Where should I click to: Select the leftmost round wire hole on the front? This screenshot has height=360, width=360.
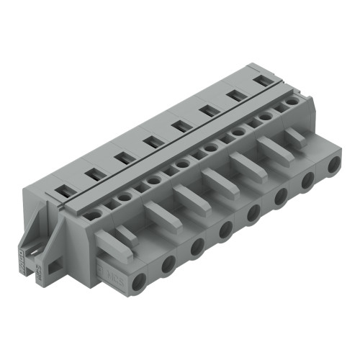tap(139, 281)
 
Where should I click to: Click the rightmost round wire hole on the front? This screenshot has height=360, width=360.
tap(333, 166)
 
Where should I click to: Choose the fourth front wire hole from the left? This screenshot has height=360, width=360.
tap(226, 230)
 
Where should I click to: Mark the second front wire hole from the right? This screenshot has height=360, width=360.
tap(307, 181)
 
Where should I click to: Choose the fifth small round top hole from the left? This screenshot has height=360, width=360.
tap(210, 147)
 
